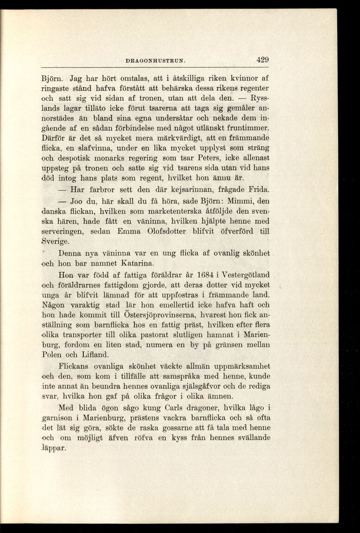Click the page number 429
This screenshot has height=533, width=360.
(262, 59)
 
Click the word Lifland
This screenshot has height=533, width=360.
(95, 355)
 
